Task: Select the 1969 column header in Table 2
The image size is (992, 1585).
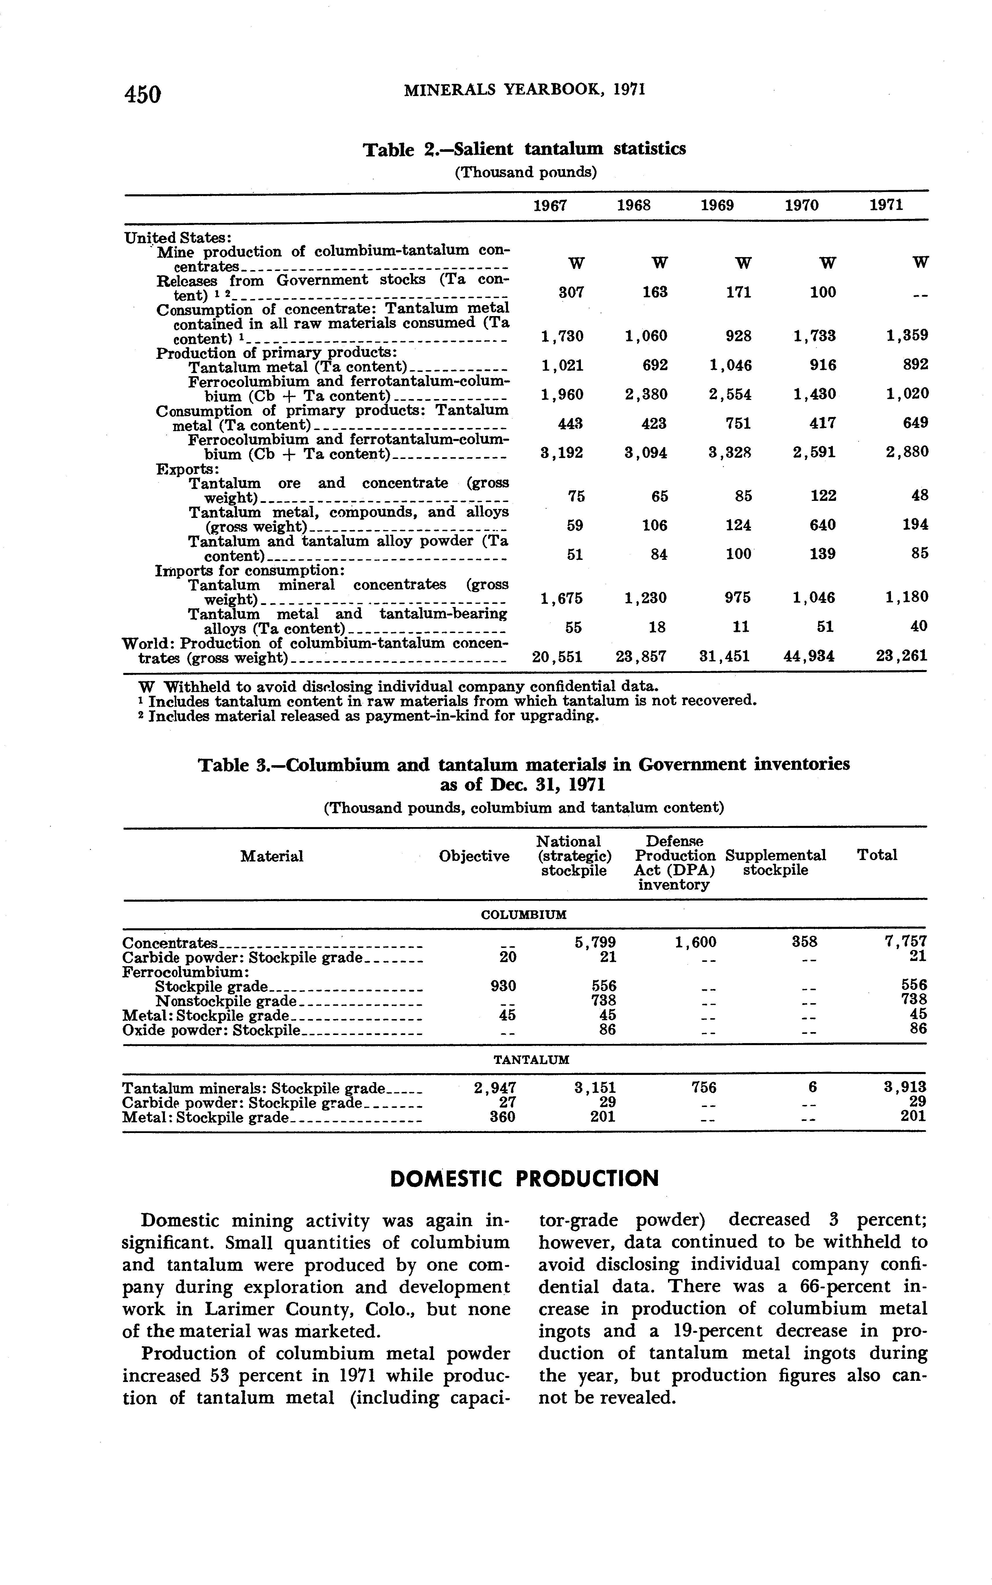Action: pos(717,205)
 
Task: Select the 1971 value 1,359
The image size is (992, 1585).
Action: pos(907,336)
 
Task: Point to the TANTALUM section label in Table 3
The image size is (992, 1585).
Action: pos(531,1059)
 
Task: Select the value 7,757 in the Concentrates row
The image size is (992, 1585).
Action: pos(906,942)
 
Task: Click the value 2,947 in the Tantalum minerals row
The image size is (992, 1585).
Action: pos(495,1088)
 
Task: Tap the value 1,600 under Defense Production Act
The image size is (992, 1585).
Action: pos(695,942)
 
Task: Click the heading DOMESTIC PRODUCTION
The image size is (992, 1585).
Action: pos(524,1178)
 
